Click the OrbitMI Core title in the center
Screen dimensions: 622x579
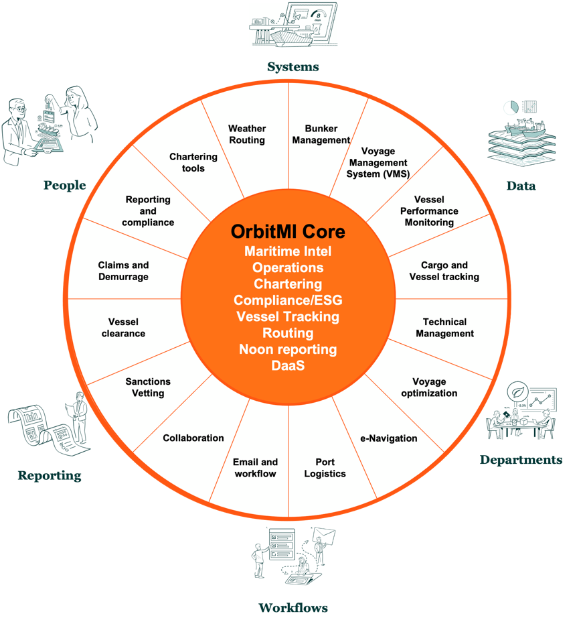[x=288, y=232]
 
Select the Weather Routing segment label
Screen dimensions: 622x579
[x=247, y=134]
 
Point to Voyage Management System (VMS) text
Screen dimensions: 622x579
[x=375, y=163]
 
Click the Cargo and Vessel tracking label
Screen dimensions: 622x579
[x=444, y=271]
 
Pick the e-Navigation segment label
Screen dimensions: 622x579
[x=389, y=438]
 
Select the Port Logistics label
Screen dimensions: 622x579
[x=325, y=468]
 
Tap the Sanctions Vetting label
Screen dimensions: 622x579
[x=148, y=387]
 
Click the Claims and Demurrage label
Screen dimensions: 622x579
[x=123, y=271]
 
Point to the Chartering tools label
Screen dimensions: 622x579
[x=193, y=162]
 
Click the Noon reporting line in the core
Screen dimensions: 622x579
[x=288, y=349]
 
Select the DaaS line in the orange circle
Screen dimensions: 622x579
[x=288, y=366]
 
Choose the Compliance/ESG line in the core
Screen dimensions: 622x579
[x=288, y=300]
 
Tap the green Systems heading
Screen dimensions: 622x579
[x=293, y=66]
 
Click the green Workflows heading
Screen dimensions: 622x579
[x=293, y=608]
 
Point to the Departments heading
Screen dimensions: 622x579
[x=521, y=460]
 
